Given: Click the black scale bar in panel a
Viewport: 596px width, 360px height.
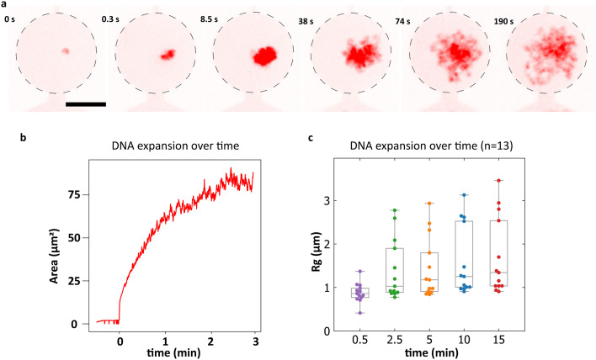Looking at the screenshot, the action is tap(86, 104).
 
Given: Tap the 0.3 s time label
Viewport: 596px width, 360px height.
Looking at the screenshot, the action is tap(110, 19).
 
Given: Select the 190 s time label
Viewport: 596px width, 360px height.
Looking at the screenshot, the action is tap(503, 22).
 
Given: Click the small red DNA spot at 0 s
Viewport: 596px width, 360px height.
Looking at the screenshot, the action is tap(66, 50).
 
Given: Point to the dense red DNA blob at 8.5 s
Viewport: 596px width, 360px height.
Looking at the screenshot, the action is tap(264, 56).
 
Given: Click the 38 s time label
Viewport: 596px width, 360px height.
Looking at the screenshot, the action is tap(306, 22).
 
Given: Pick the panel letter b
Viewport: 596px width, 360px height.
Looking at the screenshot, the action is tap(24, 137).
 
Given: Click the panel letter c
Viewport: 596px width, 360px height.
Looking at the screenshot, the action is tap(311, 138).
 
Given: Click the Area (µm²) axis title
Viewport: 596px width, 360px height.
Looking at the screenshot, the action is tap(55, 256).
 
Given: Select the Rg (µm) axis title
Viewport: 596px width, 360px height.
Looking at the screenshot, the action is tap(317, 252).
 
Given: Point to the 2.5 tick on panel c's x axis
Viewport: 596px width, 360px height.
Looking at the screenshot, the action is tap(395, 340).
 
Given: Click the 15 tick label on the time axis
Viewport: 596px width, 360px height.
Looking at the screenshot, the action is tap(498, 340).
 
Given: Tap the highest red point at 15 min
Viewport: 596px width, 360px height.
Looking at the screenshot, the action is tap(498, 180).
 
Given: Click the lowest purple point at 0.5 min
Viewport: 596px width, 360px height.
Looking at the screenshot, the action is tap(360, 313).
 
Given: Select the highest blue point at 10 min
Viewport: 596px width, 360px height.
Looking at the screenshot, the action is tap(464, 195).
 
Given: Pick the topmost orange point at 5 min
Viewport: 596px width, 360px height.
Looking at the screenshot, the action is tap(429, 204).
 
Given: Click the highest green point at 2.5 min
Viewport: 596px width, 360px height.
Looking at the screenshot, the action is tap(395, 210).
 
